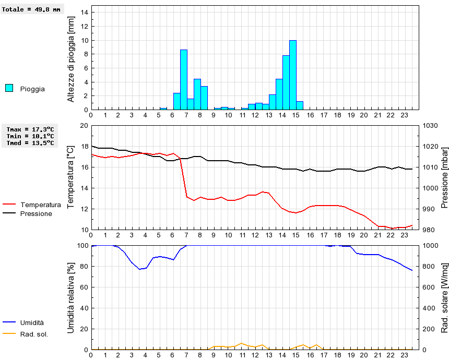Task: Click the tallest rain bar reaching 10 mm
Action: click(x=293, y=75)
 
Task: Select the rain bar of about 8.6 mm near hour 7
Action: click(x=184, y=79)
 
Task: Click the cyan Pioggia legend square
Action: click(x=9, y=88)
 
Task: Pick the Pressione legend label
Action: click(x=36, y=213)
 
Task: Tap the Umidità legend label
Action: click(x=32, y=323)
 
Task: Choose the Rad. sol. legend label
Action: click(x=34, y=334)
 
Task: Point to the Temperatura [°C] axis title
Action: click(x=71, y=177)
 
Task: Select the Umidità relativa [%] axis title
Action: click(x=71, y=297)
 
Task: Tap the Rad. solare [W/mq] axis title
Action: click(x=444, y=297)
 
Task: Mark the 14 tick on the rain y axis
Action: click(x=86, y=13)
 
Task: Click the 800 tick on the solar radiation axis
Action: click(x=429, y=266)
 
